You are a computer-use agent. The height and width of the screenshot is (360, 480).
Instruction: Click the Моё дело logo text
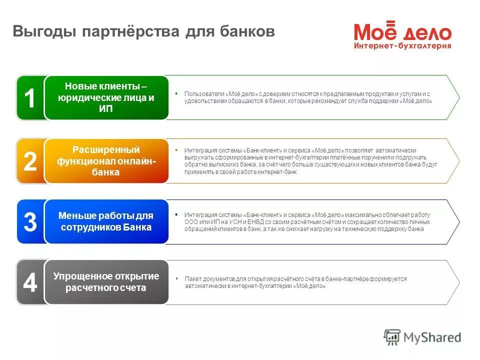click(403, 32)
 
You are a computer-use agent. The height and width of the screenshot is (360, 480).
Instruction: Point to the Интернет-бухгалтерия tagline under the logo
click(403, 45)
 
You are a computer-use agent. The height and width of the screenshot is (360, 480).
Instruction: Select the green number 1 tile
click(30, 98)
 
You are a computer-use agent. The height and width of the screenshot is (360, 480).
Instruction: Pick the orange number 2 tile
click(30, 161)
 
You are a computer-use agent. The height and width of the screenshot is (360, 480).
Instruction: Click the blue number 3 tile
click(30, 222)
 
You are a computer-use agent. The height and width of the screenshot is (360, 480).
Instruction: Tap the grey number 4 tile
click(30, 282)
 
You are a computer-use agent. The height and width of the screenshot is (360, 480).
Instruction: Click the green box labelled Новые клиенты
click(106, 98)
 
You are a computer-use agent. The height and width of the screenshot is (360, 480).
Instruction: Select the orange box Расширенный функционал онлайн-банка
click(106, 161)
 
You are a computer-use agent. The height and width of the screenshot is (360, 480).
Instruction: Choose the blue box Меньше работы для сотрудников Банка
click(106, 221)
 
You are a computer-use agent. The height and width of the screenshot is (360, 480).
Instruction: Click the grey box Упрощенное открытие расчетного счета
click(106, 282)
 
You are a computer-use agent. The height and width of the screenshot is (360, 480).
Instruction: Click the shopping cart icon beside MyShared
click(392, 337)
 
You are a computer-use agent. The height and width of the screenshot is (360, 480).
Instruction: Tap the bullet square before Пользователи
click(176, 93)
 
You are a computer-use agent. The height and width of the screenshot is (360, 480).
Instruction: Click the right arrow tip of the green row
click(458, 97)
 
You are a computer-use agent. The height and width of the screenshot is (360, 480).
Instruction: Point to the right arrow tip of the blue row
click(458, 221)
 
